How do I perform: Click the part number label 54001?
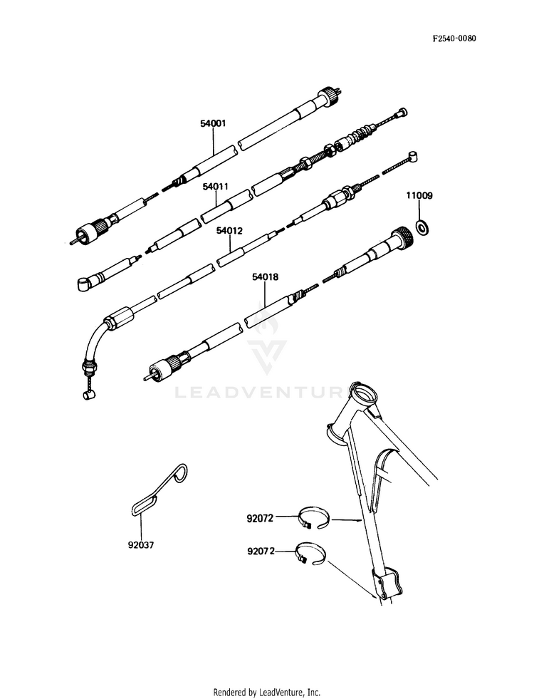pyautogui.click(x=213, y=123)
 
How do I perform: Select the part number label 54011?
pyautogui.click(x=215, y=187)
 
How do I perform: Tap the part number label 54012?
pyautogui.click(x=230, y=231)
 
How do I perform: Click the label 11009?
pyautogui.click(x=419, y=195)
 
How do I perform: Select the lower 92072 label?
pyautogui.click(x=261, y=551)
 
